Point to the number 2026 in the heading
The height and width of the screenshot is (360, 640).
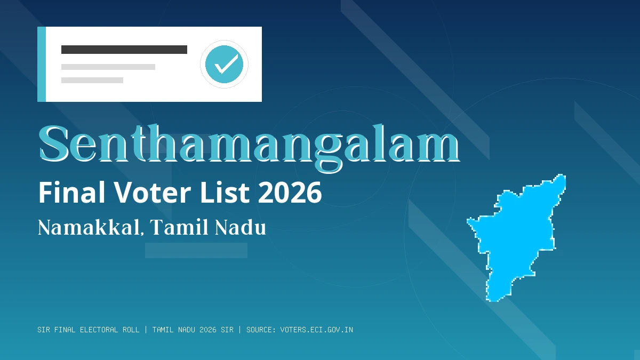290,193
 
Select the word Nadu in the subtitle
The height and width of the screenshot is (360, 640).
241,228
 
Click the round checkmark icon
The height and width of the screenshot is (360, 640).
224,64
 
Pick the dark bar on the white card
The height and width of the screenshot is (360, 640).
124,50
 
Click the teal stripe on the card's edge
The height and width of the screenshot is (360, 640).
42,64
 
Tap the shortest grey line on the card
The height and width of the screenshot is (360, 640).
92,81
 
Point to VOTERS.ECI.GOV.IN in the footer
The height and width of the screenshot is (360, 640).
316,330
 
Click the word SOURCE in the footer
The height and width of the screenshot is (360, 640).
261,330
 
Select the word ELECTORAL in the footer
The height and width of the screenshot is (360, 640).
99,330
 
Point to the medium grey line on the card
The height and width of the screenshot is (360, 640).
108,67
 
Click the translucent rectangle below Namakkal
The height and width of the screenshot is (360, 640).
196,251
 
